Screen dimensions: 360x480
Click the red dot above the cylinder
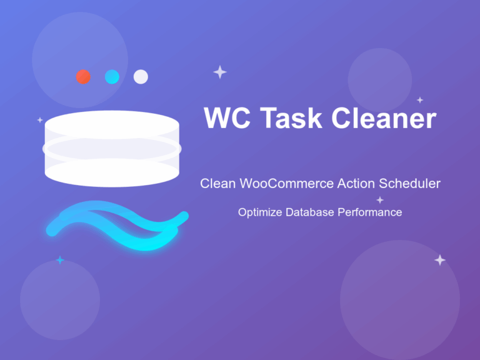[x=83, y=77]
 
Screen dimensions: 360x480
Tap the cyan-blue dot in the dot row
[x=112, y=77]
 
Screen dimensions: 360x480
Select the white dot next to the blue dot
[x=141, y=77]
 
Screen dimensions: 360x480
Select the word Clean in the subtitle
[x=215, y=184]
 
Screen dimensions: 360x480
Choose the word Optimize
[x=260, y=213]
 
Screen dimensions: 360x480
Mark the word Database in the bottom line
[x=311, y=212]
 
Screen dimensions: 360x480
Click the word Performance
[x=370, y=212]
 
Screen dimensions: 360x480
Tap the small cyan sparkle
[x=60, y=260]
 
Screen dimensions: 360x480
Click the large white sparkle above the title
[x=219, y=72]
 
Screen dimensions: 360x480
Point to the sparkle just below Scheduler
[x=379, y=200]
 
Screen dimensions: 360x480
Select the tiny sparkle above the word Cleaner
[x=420, y=100]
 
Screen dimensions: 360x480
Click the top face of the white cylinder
[x=112, y=124]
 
